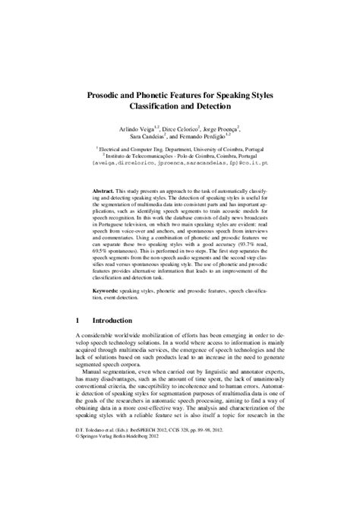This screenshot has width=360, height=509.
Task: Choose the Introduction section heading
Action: (x=123, y=321)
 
